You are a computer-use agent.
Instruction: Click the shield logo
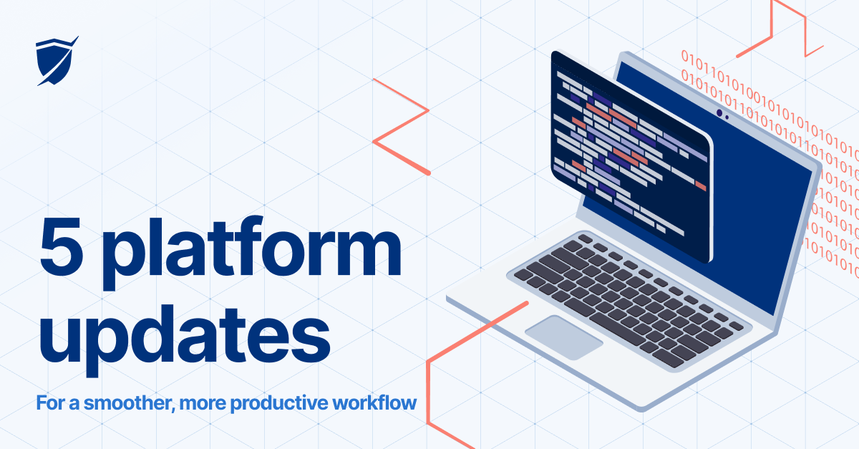click(56, 62)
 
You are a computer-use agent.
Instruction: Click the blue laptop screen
click(759, 215)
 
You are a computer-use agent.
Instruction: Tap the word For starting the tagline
click(49, 403)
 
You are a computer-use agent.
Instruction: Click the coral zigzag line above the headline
click(401, 125)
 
